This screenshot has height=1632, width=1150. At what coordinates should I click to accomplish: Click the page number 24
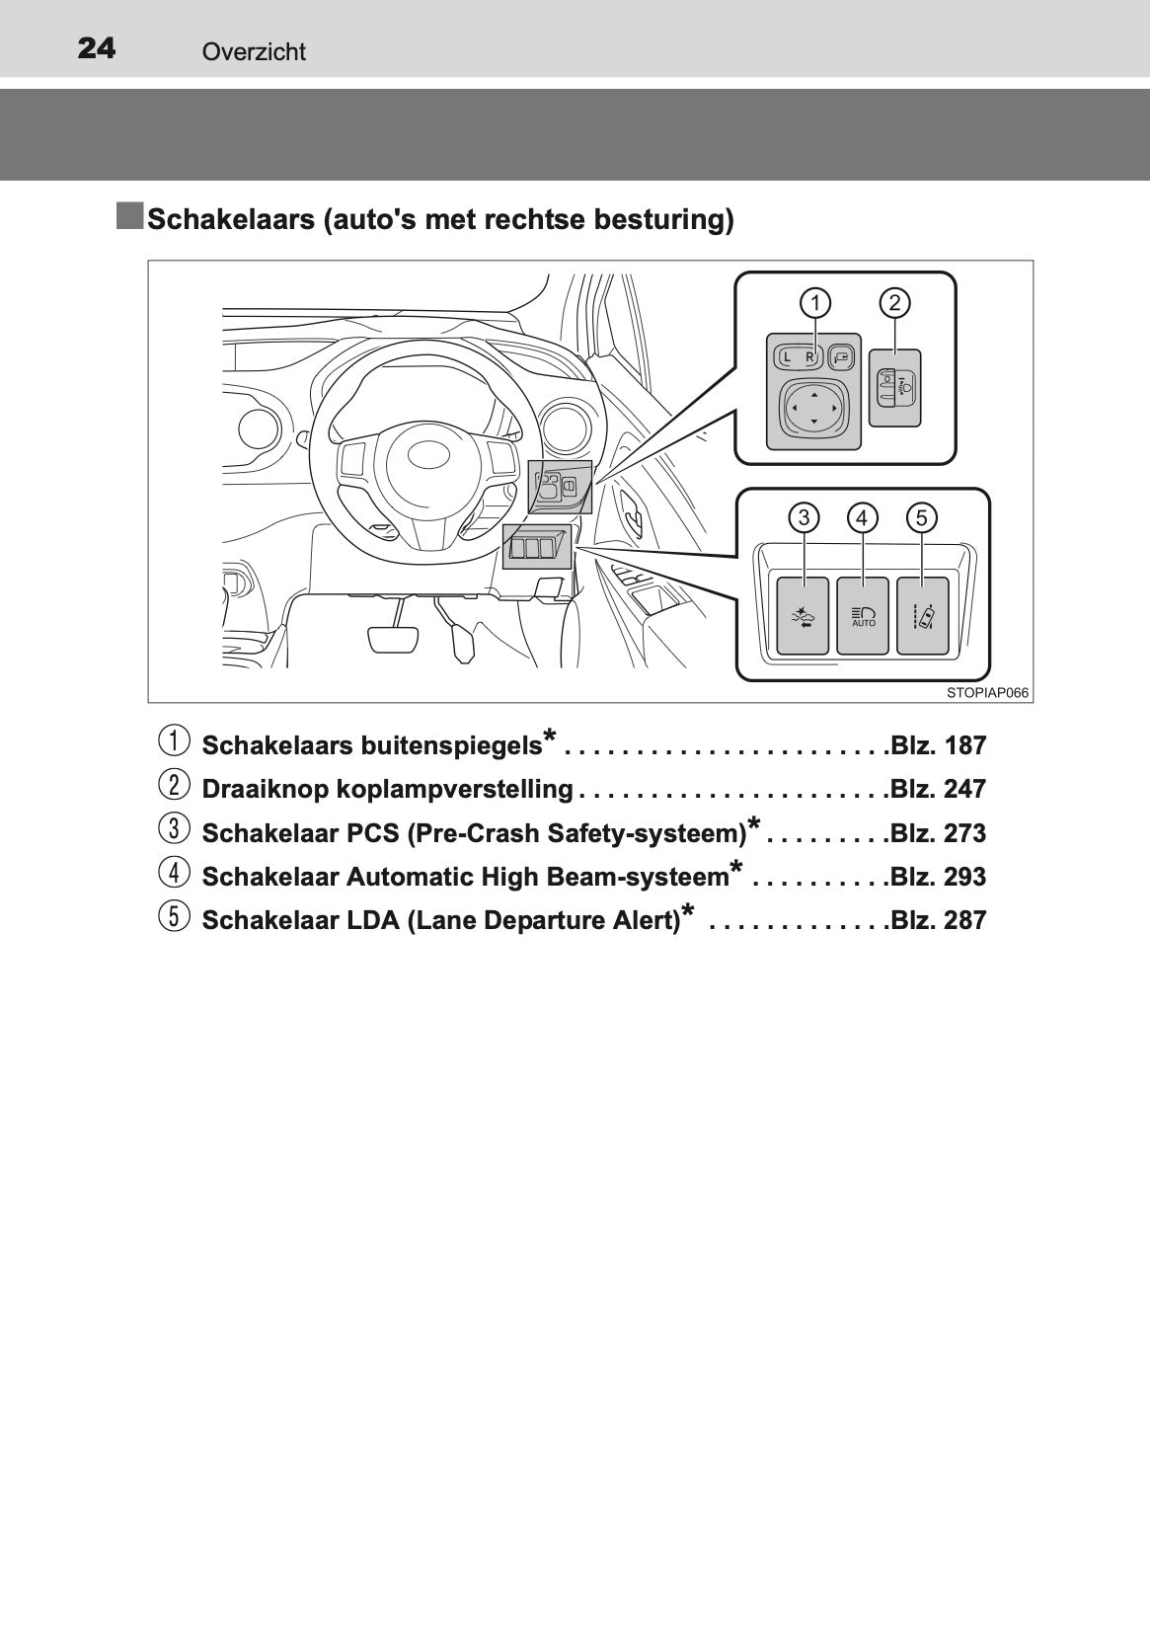point(96,48)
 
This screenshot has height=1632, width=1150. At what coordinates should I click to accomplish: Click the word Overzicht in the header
point(254,51)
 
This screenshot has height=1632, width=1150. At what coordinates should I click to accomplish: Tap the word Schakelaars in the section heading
point(231,219)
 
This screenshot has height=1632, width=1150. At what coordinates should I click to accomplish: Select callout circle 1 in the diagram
point(815,303)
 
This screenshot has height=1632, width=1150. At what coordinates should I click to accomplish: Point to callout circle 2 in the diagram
point(895,303)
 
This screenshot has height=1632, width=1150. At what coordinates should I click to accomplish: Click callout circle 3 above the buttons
point(804,518)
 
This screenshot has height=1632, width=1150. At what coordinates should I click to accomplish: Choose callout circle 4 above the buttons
point(863,518)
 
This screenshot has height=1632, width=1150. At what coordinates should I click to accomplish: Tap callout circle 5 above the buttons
point(921,518)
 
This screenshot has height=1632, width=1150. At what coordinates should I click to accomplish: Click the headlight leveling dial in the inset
point(895,388)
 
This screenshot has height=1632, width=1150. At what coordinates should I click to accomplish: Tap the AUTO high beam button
point(863,616)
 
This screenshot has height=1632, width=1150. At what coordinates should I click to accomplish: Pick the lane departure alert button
point(923,616)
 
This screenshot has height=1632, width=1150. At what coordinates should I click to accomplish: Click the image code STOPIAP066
point(987,693)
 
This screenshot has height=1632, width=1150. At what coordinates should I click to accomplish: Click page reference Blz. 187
point(938,746)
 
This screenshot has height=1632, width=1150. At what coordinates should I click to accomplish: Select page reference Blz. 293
point(938,877)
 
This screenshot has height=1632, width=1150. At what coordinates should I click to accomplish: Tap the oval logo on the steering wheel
point(429,454)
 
